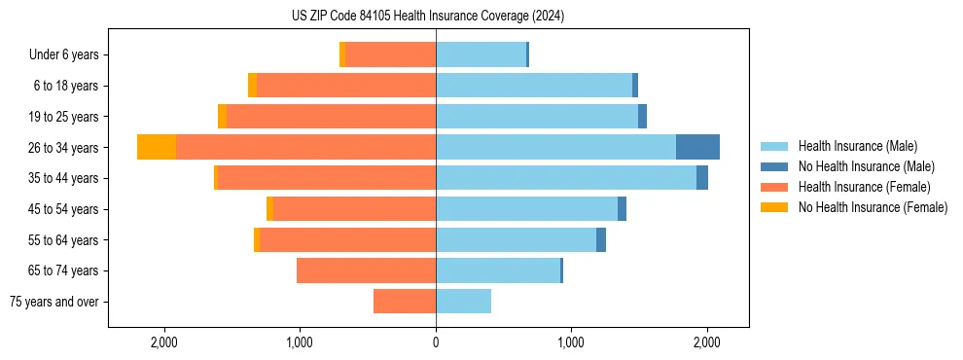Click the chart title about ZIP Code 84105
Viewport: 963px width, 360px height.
428,17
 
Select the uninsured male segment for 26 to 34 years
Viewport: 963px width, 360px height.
697,147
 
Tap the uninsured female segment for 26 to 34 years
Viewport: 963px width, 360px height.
157,147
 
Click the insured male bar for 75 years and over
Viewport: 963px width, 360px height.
463,302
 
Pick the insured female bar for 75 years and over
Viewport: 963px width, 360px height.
405,302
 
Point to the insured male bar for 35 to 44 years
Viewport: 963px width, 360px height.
566,178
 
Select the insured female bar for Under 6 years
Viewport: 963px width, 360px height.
391,54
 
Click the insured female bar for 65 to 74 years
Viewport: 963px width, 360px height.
366,270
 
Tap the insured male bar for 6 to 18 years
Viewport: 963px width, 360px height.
534,86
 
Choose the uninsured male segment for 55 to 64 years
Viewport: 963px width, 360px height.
601,239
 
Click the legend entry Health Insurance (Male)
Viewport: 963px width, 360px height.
857,146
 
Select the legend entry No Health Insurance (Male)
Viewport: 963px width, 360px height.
866,166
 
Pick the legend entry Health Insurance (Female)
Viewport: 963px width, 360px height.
864,187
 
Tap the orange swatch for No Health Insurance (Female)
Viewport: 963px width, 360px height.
774,207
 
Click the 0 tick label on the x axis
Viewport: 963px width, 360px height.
436,342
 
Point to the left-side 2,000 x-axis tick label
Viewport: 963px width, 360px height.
163,342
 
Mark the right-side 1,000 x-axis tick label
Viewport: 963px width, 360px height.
571,342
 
